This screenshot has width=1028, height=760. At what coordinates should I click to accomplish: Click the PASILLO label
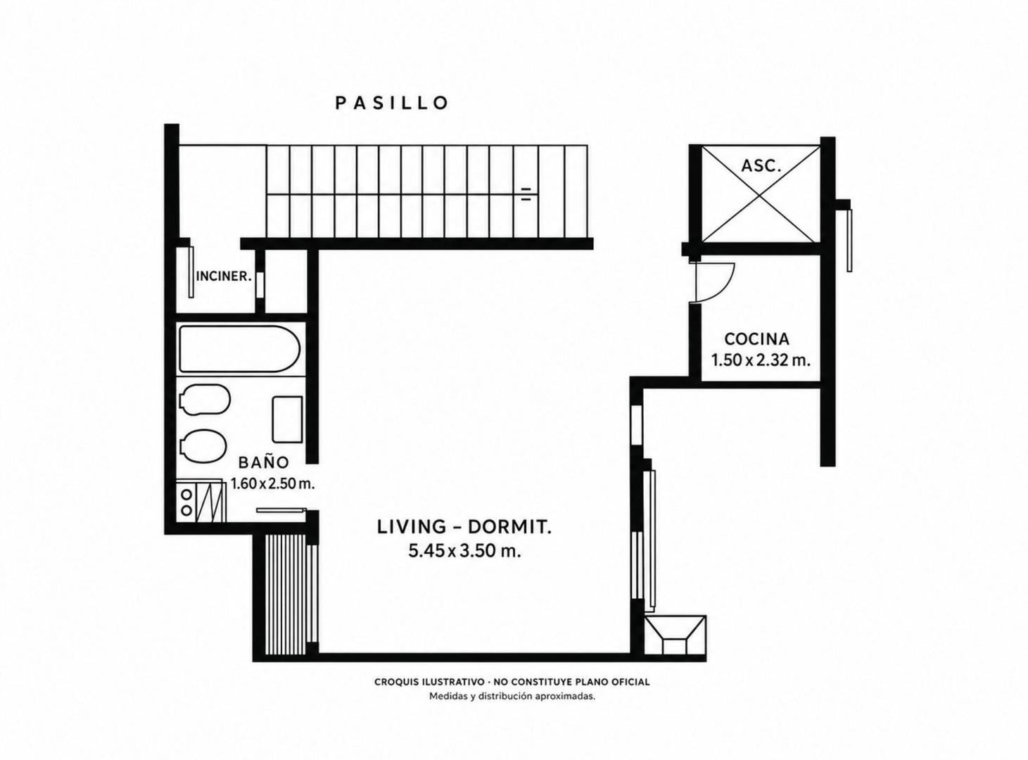coord(392,103)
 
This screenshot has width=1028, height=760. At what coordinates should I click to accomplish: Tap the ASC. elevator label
coord(761,165)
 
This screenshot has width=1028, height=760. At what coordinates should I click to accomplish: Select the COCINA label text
coord(756,339)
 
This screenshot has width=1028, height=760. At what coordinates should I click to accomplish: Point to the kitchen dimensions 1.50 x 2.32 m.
coord(761,360)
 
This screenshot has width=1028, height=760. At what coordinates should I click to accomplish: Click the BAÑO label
coord(264,462)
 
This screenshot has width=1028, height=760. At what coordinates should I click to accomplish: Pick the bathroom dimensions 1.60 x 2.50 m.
coord(273,483)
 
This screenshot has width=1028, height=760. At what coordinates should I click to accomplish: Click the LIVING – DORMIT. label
coord(464,527)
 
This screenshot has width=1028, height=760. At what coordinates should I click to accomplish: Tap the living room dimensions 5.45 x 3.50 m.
coord(464,551)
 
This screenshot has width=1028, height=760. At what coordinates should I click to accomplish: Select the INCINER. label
coord(224,277)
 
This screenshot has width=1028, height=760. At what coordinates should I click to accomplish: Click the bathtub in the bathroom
coord(240,349)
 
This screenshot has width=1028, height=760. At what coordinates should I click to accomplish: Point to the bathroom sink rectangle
coord(287,419)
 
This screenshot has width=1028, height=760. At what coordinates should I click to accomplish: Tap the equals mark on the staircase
coord(526,194)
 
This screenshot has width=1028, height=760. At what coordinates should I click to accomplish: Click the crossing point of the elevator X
coord(760,194)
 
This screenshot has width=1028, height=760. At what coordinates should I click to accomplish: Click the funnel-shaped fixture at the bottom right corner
coord(675,635)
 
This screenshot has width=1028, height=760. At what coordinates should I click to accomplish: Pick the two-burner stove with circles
coord(186,502)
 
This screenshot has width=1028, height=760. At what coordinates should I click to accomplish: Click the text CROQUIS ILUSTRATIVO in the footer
coord(429,682)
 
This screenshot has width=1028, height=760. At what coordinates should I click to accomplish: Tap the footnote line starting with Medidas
coord(512,696)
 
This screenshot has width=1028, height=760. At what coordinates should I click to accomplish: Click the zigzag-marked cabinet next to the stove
coord(211,502)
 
